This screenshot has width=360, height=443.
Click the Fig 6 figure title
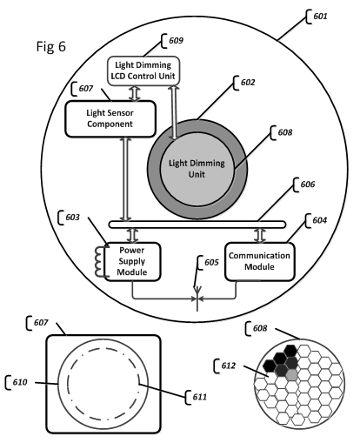point(51,46)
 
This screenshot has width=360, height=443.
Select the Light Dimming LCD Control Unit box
point(143,70)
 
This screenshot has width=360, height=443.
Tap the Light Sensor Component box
point(110,118)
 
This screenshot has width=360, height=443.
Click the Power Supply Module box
point(132,261)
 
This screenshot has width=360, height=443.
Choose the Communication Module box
point(260,261)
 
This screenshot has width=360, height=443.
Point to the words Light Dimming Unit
point(197,169)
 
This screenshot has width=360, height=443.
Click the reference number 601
point(320,16)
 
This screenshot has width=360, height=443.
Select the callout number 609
point(176,40)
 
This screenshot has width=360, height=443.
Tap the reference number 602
point(248,83)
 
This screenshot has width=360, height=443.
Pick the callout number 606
point(308,185)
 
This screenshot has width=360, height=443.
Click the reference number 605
point(211,262)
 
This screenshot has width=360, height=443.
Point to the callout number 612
point(229,366)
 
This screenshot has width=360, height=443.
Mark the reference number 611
point(200,397)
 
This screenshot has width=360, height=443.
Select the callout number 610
point(20,382)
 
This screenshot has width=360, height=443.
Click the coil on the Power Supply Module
point(98,261)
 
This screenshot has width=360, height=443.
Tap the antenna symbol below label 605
point(197,299)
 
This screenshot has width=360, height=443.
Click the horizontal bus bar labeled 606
point(197,225)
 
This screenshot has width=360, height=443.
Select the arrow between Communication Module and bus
point(260,235)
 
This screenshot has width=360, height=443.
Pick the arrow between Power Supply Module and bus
point(133,235)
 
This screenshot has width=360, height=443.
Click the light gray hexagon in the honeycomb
point(292,375)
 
